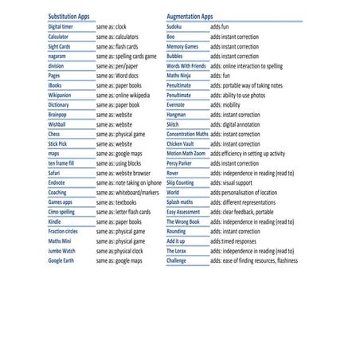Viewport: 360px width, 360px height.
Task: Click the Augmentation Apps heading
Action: point(190,16)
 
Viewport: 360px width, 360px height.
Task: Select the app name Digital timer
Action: point(63,27)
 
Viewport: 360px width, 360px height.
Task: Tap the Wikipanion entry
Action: point(60,95)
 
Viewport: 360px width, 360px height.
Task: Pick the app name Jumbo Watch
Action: point(61,251)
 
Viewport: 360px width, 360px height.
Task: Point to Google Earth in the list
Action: point(61,260)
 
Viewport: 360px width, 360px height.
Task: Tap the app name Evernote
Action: point(176,104)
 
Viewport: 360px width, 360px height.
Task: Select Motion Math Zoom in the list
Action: point(186,153)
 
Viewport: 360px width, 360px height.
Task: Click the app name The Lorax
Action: point(176,251)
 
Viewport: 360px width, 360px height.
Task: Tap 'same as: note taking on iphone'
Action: point(128,182)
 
